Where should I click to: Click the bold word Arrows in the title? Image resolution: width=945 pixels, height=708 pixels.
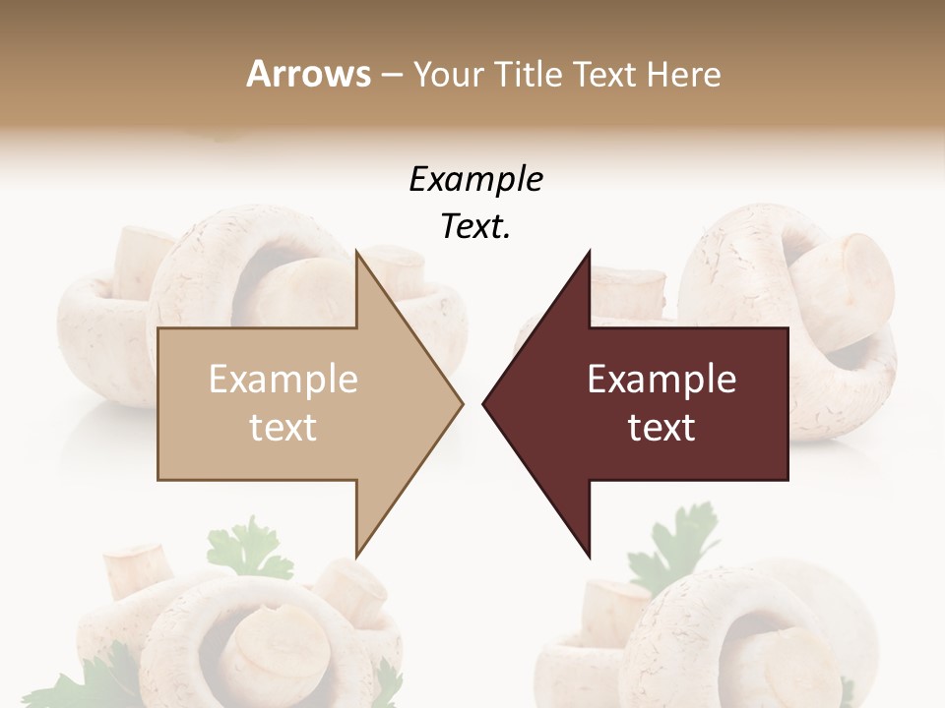[x=308, y=74]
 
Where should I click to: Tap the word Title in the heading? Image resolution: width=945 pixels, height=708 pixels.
[x=530, y=75]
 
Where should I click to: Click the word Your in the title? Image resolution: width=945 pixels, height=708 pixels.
[x=448, y=75]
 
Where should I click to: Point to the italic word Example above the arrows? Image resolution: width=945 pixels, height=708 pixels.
[x=475, y=180]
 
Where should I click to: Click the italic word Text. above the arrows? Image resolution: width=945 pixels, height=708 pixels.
[x=475, y=227]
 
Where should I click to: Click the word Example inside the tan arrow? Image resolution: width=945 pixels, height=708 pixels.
[x=283, y=380]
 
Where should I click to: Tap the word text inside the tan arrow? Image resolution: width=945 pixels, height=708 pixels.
[x=283, y=428]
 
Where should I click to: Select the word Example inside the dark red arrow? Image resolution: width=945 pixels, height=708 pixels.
[x=661, y=380]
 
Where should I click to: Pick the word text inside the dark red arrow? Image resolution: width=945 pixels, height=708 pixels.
[x=661, y=428]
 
